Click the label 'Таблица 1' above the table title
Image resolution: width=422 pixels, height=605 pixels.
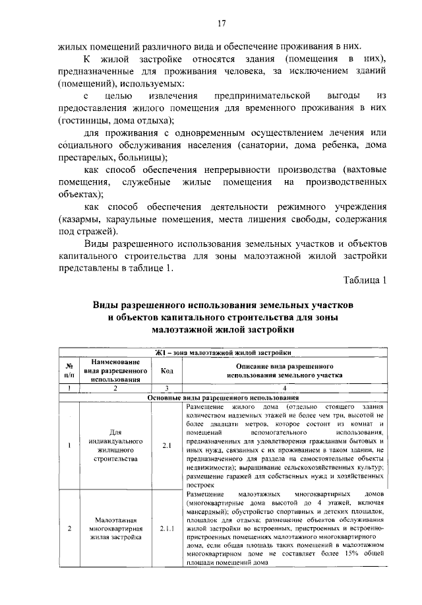click(364, 280)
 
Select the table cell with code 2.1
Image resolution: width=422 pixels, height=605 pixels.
click(166, 445)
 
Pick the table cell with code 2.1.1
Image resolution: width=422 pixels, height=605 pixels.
click(166, 528)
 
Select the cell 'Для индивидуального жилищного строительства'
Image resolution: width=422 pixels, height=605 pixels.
click(115, 445)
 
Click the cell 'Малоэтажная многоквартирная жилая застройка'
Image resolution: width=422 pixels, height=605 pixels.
click(115, 528)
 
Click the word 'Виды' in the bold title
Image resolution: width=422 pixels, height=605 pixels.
click(105, 305)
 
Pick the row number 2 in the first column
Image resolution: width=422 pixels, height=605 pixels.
click(69, 528)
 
